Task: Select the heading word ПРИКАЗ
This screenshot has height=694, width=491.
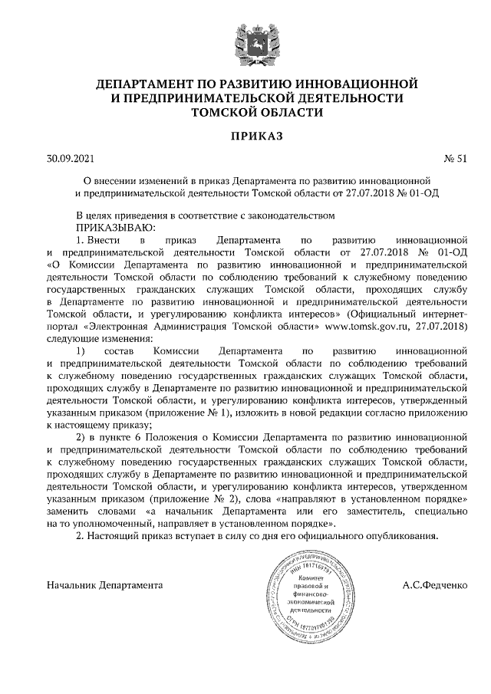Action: [246, 136]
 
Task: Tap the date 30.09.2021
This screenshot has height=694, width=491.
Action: [70, 160]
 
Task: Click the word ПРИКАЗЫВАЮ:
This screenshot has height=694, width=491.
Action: [115, 228]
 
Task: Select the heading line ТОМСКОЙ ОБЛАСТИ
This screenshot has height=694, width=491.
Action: [246, 111]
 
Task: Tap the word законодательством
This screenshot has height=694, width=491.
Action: [293, 215]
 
